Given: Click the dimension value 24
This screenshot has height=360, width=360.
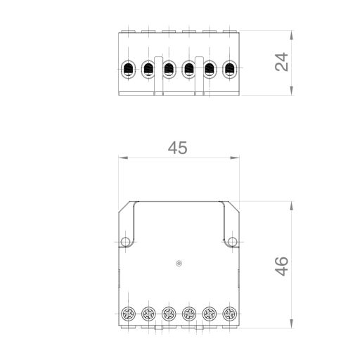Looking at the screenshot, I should coord(281,63).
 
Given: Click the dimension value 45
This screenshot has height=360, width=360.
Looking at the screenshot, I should coord(178,148).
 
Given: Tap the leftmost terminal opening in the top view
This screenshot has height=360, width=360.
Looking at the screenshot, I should coord(128,69).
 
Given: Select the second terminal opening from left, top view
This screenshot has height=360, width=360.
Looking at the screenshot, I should coord(148,69).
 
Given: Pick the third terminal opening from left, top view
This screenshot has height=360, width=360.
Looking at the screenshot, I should coord(169,69).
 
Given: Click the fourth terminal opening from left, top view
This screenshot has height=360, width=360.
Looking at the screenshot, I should coord(188,69).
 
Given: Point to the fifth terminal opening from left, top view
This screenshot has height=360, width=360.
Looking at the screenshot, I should coord(209,69).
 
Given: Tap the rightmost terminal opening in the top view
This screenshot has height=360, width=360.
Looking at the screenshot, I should coord(229,69).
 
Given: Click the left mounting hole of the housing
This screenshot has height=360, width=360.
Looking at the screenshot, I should coord(125,242).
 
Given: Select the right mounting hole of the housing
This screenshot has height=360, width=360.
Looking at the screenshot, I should coord(233,242).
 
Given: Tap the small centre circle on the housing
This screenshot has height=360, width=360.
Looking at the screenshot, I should coord(179,264).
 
